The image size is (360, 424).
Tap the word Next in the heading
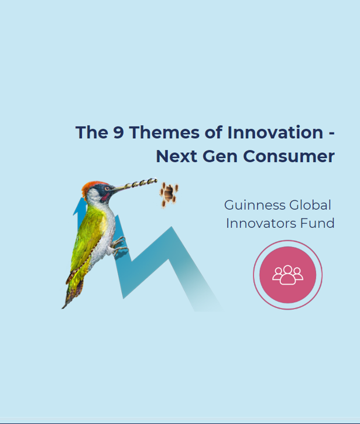(x=177, y=156)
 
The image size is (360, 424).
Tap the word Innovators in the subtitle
(x=261, y=223)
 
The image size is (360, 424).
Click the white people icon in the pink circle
(x=287, y=275)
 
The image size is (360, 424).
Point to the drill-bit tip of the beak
(x=153, y=181)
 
